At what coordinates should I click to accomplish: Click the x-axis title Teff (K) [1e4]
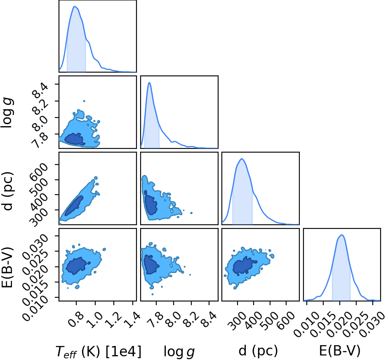(x=99, y=351)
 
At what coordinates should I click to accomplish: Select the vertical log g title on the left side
(x=7, y=113)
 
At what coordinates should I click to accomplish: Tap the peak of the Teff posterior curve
(x=75, y=7)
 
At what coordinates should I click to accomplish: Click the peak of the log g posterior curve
(x=149, y=82)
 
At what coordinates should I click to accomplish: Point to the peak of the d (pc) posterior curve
(x=242, y=159)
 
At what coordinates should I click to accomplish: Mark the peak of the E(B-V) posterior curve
(x=342, y=235)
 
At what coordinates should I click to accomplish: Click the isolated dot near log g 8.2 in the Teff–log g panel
(x=84, y=101)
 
